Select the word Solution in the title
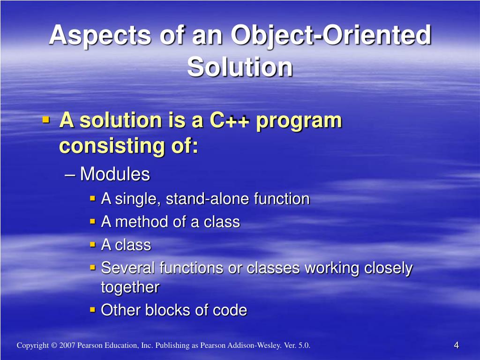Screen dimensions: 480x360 (240, 67)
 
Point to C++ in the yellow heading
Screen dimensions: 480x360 (230, 120)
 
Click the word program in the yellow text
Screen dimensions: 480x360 (299, 121)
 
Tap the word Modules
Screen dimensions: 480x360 (115, 174)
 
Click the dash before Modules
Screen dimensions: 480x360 (70, 175)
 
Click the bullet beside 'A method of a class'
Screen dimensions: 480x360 (93, 221)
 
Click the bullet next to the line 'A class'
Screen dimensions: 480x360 (93, 245)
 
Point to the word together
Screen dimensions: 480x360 (130, 287)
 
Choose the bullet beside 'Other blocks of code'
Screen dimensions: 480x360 (93, 310)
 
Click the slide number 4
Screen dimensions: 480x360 (457, 345)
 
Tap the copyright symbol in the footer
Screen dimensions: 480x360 (54, 345)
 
